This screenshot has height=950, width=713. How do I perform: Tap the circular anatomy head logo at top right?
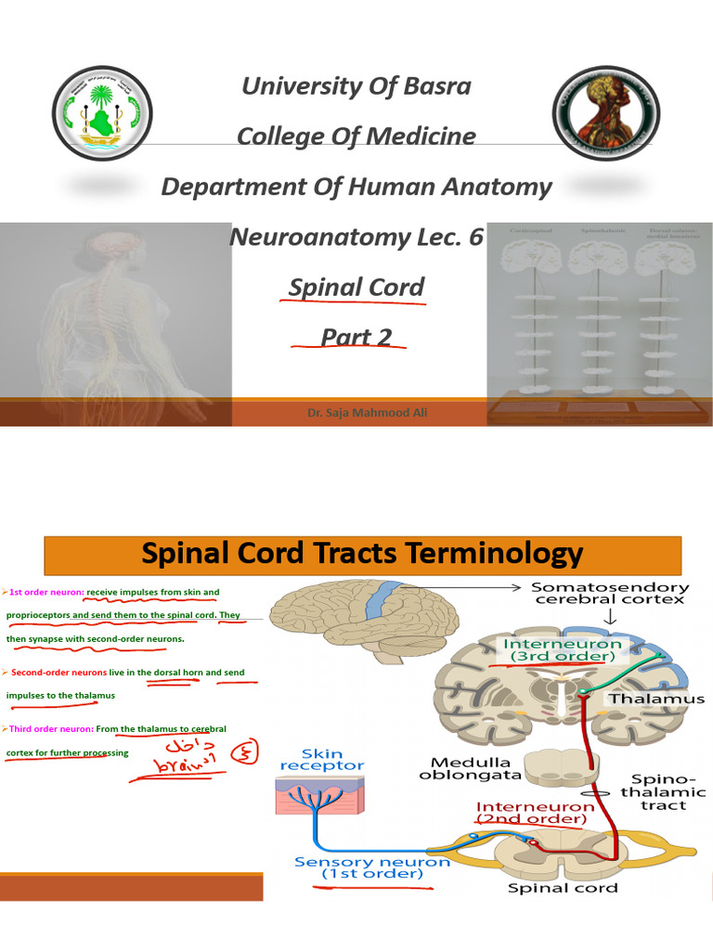click(609, 112)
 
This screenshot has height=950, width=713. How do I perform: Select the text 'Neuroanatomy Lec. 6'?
click(356, 237)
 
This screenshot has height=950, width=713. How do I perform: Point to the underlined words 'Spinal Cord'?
click(356, 287)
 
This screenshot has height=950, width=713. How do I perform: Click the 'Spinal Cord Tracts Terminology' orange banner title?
click(363, 554)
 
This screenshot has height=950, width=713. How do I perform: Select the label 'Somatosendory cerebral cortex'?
click(610, 593)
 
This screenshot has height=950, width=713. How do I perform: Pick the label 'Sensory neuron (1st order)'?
click(371, 867)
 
